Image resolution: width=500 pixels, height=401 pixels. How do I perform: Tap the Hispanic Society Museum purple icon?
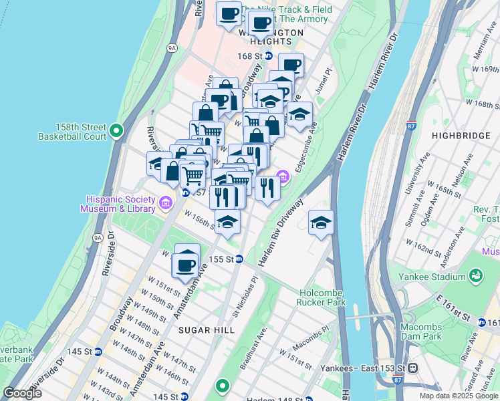coord(166,200)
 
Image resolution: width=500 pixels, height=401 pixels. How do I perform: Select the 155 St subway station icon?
coord(239,259)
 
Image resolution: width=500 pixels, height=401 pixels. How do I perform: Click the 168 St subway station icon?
coord(268,56)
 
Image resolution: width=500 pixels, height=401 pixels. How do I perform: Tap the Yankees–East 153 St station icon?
coord(413,368)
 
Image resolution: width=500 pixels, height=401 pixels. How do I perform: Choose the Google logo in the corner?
coord(23,394)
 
